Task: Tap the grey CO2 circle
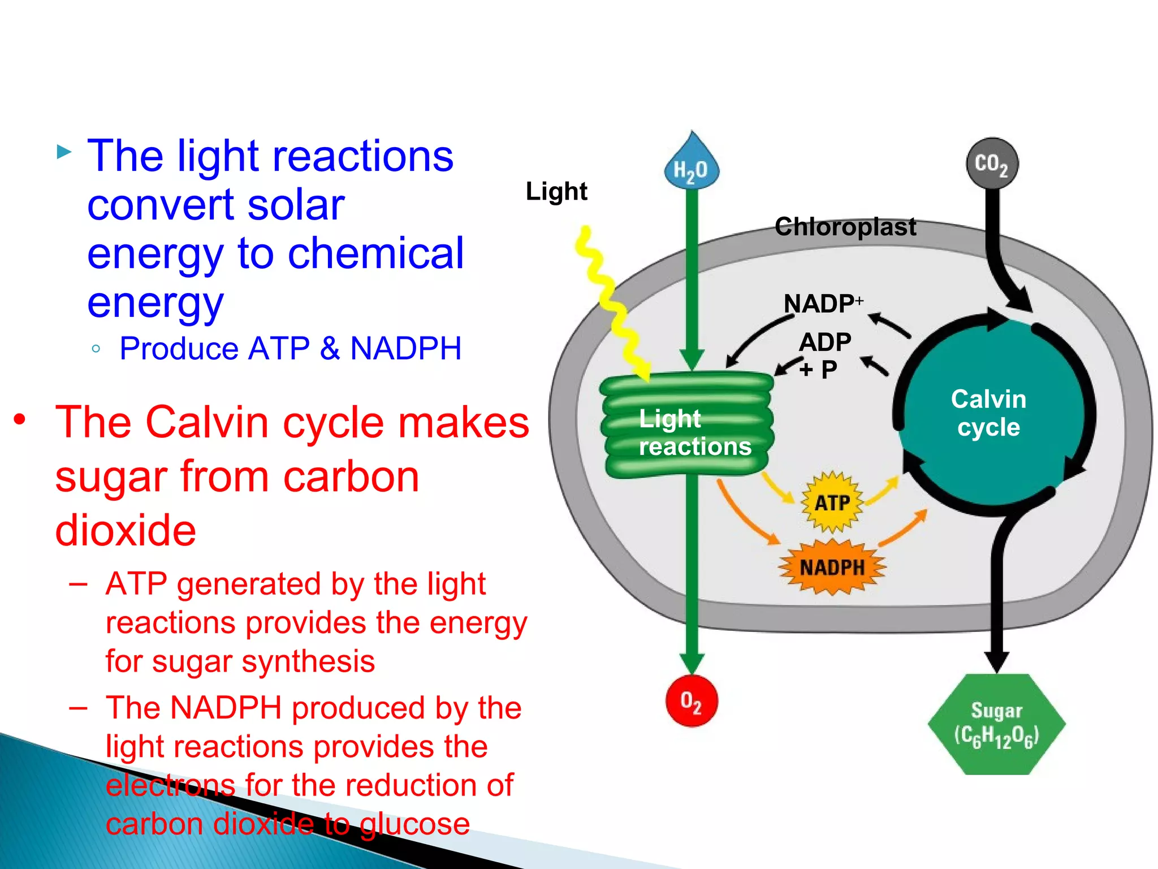click(x=992, y=164)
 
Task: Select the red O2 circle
click(x=691, y=701)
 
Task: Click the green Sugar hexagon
click(x=996, y=724)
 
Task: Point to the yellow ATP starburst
click(x=832, y=502)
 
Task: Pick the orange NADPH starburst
click(x=832, y=567)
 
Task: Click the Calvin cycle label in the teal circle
click(x=988, y=413)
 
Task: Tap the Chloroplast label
click(x=845, y=227)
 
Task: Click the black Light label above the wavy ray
click(x=556, y=191)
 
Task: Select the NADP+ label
click(x=823, y=304)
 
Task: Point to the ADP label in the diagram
click(x=825, y=342)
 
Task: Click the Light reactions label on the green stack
click(x=694, y=432)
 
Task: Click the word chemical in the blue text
click(x=375, y=253)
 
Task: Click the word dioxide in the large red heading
click(x=126, y=531)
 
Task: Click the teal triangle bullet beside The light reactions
click(x=64, y=152)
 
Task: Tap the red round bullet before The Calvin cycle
click(x=20, y=420)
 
